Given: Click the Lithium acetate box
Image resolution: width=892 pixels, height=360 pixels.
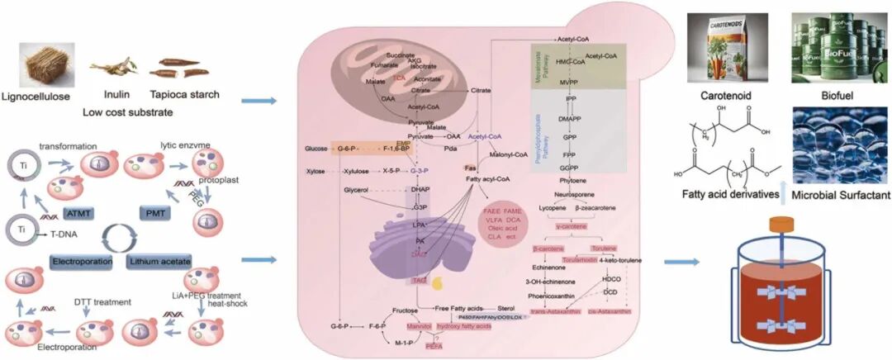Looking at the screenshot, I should [160, 262].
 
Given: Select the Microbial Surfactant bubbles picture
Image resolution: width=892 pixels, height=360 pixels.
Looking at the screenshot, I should [830, 148].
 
